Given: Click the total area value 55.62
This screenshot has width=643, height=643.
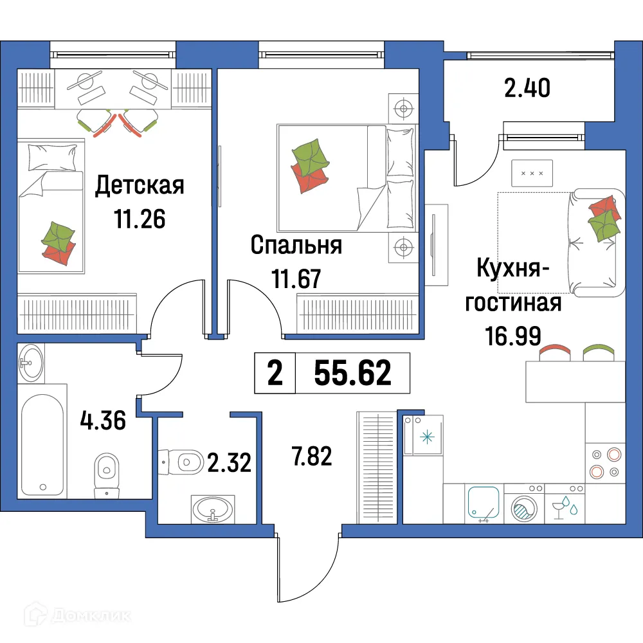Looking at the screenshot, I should (352, 374).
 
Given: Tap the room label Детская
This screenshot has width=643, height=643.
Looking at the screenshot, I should (140, 186).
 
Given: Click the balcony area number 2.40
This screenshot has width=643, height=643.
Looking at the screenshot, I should (527, 88).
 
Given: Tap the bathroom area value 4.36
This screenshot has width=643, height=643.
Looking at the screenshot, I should (104, 422).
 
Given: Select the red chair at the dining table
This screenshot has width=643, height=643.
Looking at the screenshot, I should (554, 352).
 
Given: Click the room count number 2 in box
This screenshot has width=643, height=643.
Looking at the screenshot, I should (275, 374).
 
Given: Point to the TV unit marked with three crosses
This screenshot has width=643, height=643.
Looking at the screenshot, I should (532, 174).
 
